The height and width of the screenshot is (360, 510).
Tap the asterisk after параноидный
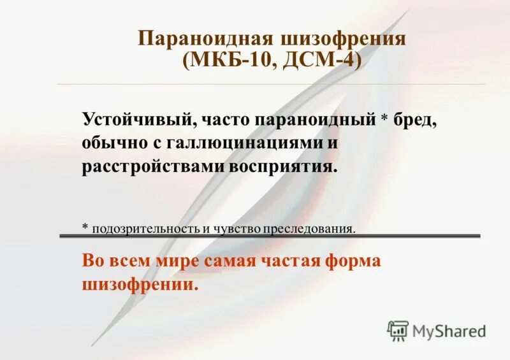(384, 119)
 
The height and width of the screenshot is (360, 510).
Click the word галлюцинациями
(246, 143)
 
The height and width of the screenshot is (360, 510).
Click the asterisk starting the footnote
(85, 227)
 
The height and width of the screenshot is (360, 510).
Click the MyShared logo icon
(398, 330)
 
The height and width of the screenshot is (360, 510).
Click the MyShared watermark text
(449, 331)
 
